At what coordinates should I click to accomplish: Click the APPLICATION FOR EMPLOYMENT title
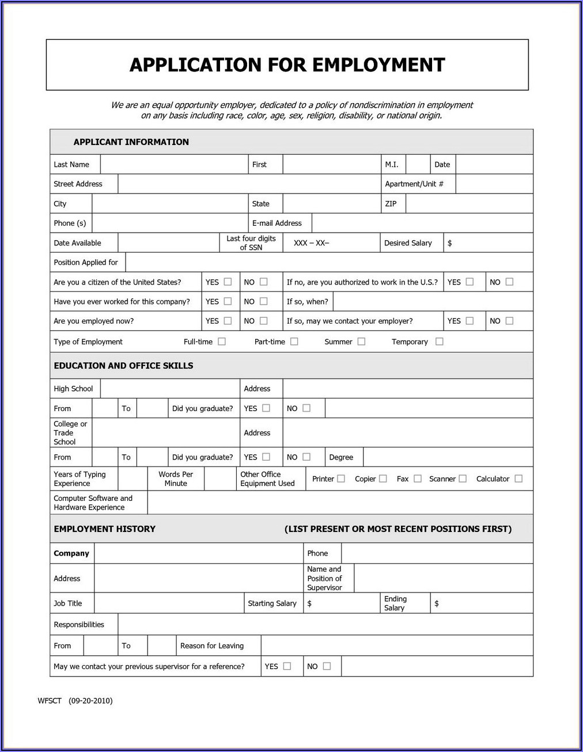point(287,64)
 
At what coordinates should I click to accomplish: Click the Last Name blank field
point(174,165)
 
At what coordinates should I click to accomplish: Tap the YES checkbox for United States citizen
point(228,282)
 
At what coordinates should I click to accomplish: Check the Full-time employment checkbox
point(222,341)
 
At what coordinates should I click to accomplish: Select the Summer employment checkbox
point(361,341)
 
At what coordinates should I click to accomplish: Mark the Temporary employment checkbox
point(440,341)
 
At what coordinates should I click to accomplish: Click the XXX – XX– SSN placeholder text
point(311,243)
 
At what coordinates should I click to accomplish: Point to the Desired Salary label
point(408,243)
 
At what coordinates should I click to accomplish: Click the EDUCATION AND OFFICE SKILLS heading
point(123,366)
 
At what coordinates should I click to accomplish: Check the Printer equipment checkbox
point(341,478)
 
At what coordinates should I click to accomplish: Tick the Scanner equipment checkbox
point(463,478)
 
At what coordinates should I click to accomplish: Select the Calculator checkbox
point(518,478)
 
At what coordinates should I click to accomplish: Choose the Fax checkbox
point(418,478)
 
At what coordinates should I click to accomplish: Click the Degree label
point(341,457)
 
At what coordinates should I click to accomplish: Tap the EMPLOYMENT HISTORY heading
point(104,529)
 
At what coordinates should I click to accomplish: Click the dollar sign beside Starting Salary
point(309,603)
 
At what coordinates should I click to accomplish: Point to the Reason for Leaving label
point(211,645)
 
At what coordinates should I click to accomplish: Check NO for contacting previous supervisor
point(327,666)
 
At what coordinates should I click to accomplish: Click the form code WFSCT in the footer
point(50,701)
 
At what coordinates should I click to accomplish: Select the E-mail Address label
point(277,223)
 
